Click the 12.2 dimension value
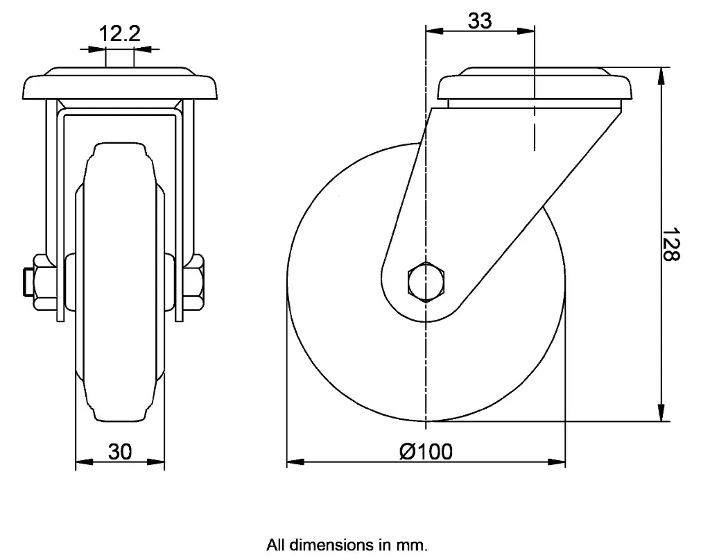coord(120,34)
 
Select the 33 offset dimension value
coord(479,21)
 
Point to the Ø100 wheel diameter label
coord(426,451)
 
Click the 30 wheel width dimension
coord(120,452)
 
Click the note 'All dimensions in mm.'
coord(347,545)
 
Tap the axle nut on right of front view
coord(194,281)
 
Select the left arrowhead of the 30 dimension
coord(81,462)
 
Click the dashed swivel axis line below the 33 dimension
coord(535,132)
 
